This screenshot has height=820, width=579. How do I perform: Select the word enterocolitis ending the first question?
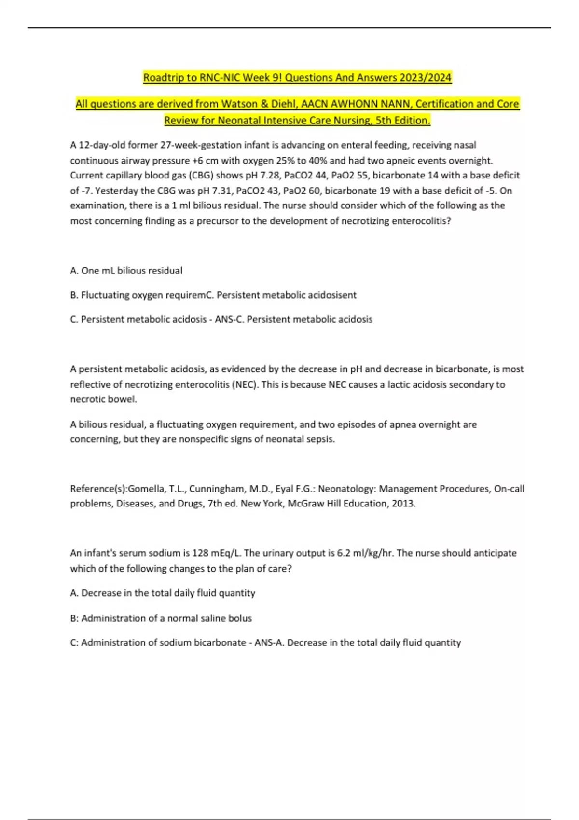click(x=423, y=221)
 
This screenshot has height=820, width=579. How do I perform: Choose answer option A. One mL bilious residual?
click(x=126, y=271)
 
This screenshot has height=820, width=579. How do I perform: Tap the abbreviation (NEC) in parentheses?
click(x=245, y=384)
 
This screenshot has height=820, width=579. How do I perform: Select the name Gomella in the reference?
click(x=146, y=489)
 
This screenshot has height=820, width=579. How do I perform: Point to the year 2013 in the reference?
click(x=404, y=504)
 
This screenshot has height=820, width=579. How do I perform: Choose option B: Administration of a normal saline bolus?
click(x=161, y=618)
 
